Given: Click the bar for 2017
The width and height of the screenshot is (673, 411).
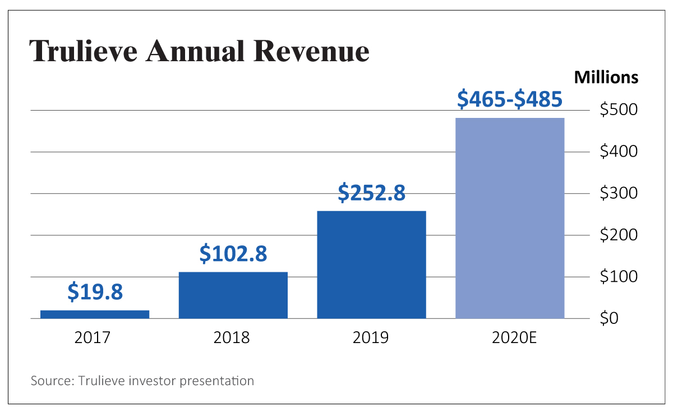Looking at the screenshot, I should click(x=95, y=314).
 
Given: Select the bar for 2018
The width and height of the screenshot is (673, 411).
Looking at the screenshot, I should click(x=233, y=295).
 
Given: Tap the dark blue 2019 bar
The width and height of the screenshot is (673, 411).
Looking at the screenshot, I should click(x=371, y=264).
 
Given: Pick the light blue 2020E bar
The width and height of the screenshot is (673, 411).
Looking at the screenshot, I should click(x=510, y=218).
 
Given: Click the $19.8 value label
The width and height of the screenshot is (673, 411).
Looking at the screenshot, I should click(x=95, y=292).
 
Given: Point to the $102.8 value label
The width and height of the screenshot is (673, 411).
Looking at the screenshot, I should click(x=233, y=254).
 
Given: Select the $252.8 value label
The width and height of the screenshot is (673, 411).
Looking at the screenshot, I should click(x=371, y=193).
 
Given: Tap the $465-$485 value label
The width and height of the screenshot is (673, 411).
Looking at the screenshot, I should click(x=509, y=99).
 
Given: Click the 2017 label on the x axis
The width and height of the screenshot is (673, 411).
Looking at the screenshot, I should click(x=93, y=337).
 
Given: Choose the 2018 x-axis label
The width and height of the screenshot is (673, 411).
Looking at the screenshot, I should click(x=232, y=337).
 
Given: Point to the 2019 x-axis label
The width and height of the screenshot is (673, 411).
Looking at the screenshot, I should click(x=371, y=337).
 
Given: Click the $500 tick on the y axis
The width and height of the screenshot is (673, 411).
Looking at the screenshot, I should click(x=619, y=110).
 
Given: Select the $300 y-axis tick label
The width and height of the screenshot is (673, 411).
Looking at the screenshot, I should click(x=619, y=194).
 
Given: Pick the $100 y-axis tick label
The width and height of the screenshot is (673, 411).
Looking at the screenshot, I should click(x=619, y=277).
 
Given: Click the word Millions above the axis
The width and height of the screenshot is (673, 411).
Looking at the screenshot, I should click(x=606, y=77).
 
